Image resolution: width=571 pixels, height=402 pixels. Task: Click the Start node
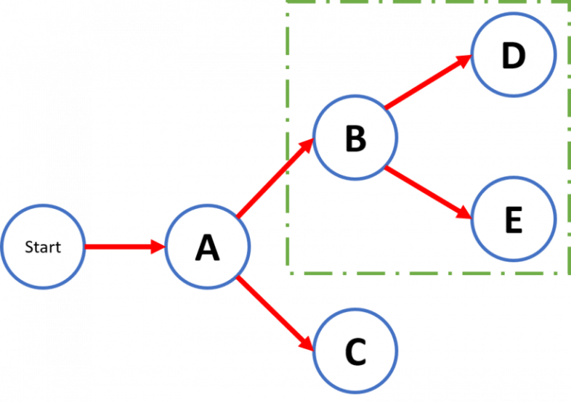(43, 247)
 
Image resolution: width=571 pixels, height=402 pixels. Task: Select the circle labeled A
(207, 247)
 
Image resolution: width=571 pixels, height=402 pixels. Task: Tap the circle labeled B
(355, 138)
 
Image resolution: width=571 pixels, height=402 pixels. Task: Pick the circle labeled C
(355, 352)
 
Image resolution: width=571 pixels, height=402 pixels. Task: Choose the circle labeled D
(513, 56)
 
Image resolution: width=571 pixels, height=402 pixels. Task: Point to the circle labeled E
(513, 219)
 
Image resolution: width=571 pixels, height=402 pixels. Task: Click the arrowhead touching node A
(158, 247)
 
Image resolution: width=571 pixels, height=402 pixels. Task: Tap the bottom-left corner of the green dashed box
(288, 273)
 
